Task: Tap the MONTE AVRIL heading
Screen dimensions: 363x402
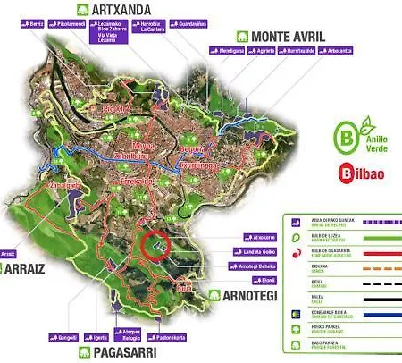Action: tap(286, 36)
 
